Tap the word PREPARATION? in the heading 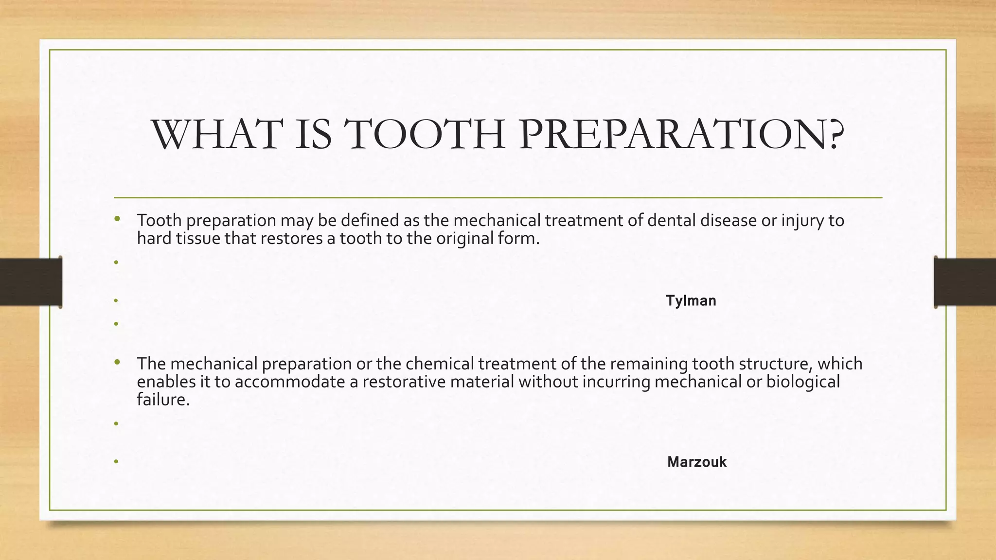coord(681,135)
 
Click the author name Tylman coord(691,301)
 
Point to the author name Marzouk coord(696,462)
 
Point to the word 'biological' coord(803,382)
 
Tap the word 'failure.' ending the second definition coord(163,400)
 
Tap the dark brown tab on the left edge coord(31,282)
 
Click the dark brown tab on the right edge coord(965,282)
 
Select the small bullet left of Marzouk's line coord(116,462)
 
